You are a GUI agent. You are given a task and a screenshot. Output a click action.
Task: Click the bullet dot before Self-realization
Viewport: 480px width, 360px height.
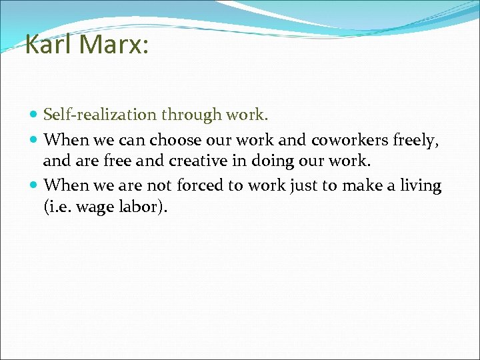(x=35, y=115)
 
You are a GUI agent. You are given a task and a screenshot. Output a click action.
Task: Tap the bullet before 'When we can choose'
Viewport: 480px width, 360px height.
(x=35, y=140)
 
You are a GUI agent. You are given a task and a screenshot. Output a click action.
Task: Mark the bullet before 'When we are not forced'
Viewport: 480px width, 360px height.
(x=35, y=185)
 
